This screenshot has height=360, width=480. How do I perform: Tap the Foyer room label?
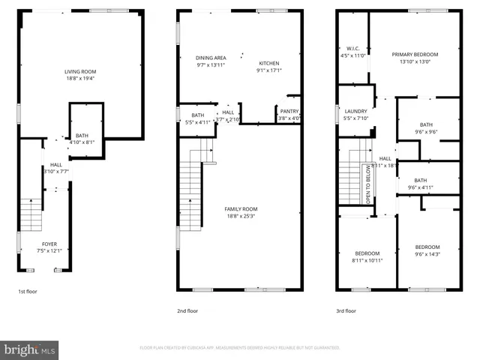(x=49, y=244)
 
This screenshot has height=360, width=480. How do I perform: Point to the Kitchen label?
(x=269, y=63)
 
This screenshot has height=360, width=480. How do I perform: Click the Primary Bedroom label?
(x=414, y=54)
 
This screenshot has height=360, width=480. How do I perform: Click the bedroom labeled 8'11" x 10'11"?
(x=367, y=253)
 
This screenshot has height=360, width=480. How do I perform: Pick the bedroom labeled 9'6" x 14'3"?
(x=427, y=247)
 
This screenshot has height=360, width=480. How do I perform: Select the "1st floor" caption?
(x=28, y=291)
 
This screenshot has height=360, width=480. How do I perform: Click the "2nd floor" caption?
(x=187, y=310)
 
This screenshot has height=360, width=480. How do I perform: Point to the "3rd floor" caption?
(x=345, y=310)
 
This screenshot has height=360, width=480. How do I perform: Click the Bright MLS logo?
(x=30, y=349)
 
